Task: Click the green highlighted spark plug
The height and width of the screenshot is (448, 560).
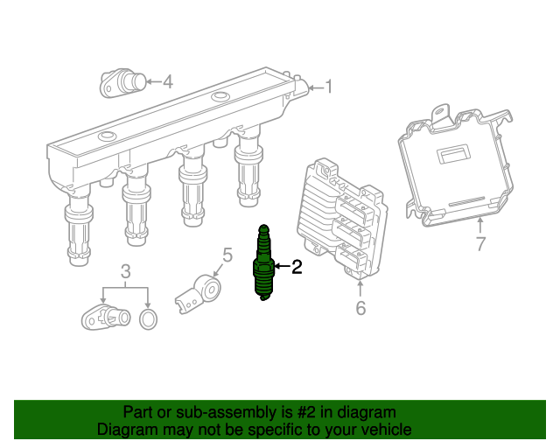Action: click(x=262, y=265)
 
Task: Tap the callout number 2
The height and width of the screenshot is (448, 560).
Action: click(x=296, y=268)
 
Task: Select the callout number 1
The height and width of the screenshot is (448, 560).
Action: click(x=329, y=86)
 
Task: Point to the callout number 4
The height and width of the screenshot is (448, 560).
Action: click(x=167, y=82)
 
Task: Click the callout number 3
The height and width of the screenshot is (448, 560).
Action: click(x=126, y=269)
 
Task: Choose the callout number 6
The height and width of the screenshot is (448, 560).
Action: click(x=360, y=307)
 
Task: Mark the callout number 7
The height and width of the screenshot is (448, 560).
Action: click(x=479, y=244)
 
